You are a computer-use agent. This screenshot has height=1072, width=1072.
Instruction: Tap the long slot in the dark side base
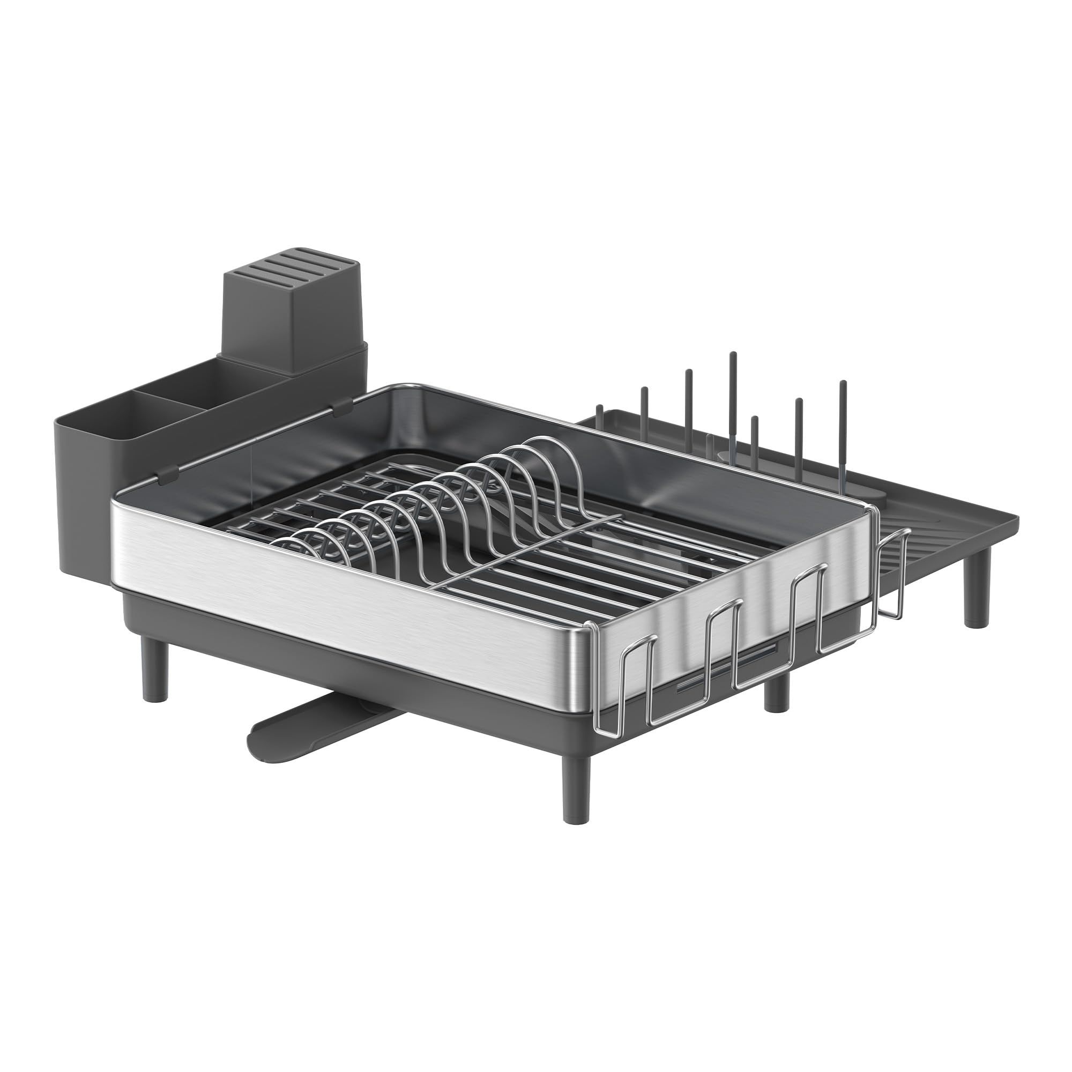(x=721, y=675)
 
